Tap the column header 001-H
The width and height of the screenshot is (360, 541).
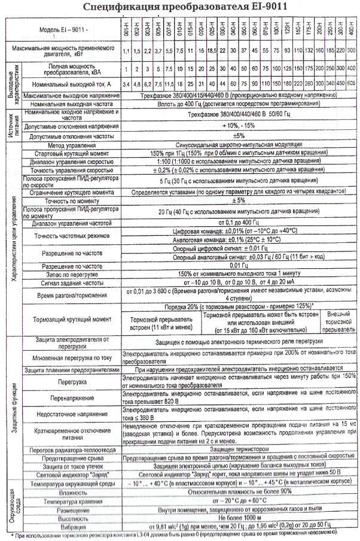coord(127,29)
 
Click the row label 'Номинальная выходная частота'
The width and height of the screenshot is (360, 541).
coord(71,104)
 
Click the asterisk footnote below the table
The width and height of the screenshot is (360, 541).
coord(179,532)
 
